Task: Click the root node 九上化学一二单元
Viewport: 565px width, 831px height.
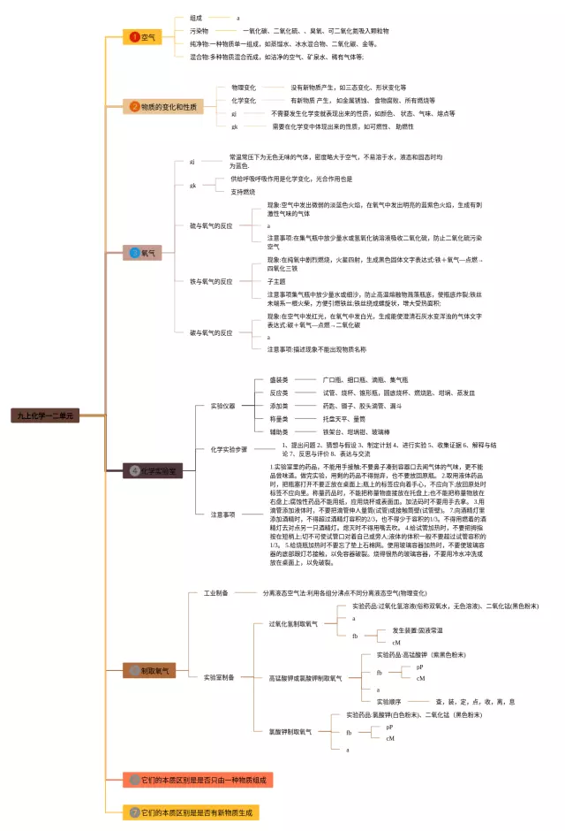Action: pyautogui.click(x=46, y=414)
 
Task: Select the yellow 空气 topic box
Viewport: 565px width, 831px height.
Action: pyautogui.click(x=141, y=37)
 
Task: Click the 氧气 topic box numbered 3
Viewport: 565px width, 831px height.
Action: pyautogui.click(x=142, y=253)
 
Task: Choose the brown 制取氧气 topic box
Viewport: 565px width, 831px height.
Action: pyautogui.click(x=149, y=671)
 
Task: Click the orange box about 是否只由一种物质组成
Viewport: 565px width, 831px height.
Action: pyautogui.click(x=198, y=780)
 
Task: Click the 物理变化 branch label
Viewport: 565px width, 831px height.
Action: pyautogui.click(x=244, y=88)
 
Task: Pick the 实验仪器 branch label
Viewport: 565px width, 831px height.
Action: pyautogui.click(x=223, y=406)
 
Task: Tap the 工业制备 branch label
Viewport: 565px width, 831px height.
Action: pyautogui.click(x=216, y=568)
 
